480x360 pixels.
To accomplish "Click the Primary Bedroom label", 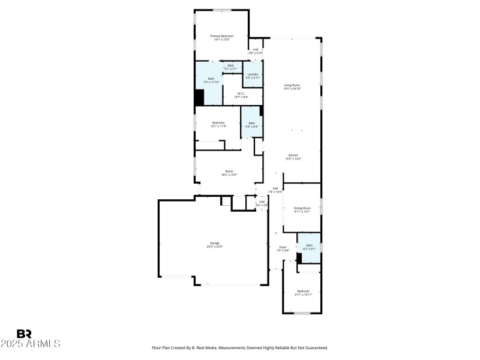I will point(221,37).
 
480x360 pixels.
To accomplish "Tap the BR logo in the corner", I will point(24,334).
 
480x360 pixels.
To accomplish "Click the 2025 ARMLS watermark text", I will point(31,344).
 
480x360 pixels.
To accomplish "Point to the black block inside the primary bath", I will point(199,97).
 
